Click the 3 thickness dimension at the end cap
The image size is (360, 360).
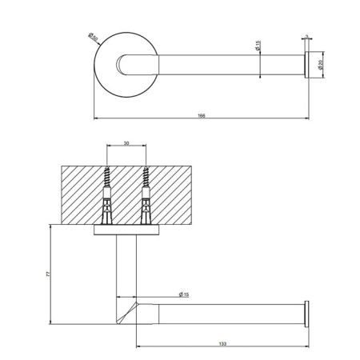tap(306, 36)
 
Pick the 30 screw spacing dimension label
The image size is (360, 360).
tap(126, 144)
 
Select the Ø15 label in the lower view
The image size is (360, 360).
tap(182, 295)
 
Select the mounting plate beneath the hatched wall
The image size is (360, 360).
tap(127, 231)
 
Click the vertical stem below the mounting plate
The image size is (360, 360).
tap(126, 264)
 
